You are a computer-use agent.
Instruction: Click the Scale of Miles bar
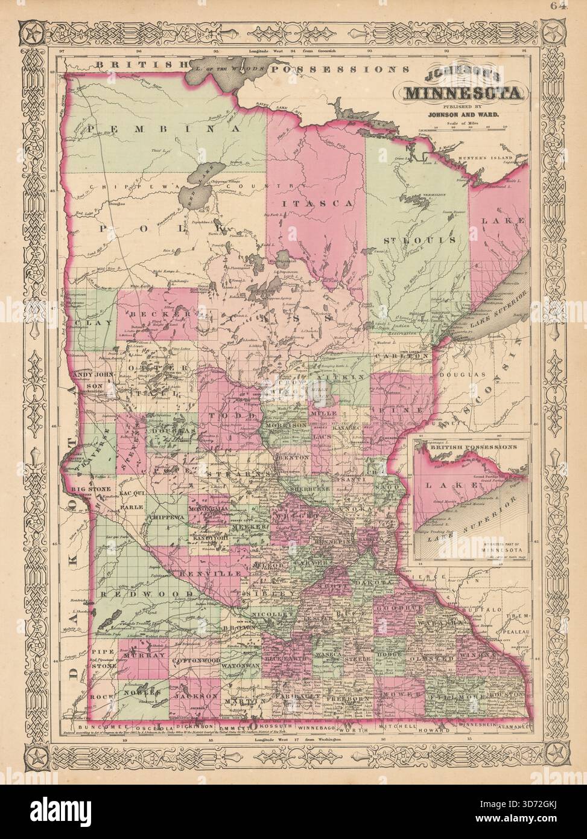463,128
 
